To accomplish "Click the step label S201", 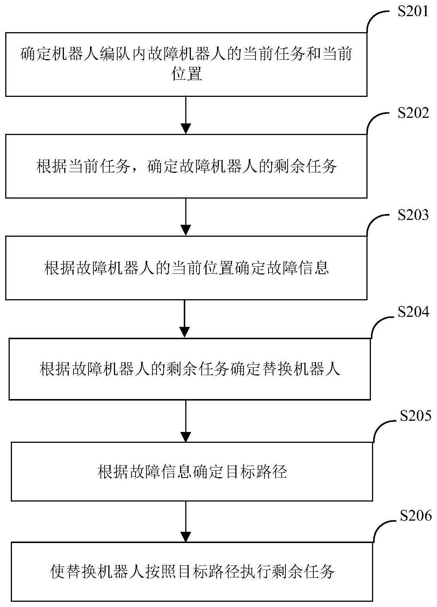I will (413, 11).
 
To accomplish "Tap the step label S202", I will (413, 113).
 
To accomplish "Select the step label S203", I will (413, 215).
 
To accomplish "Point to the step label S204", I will (413, 312).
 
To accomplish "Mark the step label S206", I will (415, 516).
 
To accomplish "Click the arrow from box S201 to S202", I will (186, 115).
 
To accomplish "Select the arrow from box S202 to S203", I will (186, 217).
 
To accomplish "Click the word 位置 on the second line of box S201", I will (186, 75).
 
